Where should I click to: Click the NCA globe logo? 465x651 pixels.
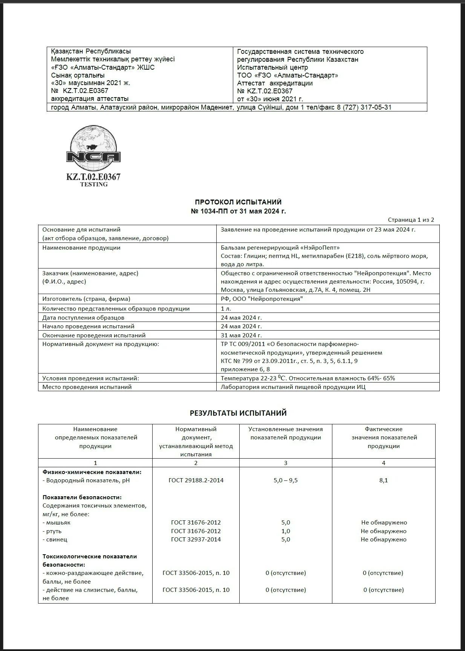pos(93,149)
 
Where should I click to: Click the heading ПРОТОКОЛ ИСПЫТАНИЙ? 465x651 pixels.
pos(238,202)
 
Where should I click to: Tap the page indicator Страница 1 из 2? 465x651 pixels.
pos(411,220)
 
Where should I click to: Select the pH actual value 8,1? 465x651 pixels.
pos(384,480)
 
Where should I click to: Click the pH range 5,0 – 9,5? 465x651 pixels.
pos(286,480)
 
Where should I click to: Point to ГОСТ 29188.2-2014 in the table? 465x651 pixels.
pos(196,480)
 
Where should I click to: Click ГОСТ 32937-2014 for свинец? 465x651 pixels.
pos(196,540)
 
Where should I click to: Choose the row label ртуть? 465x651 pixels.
pos(54,531)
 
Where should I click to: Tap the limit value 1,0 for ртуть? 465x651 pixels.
pos(286,531)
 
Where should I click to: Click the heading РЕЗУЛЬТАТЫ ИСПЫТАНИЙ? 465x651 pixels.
pos(238,413)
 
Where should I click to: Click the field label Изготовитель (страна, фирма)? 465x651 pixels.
pos(86,299)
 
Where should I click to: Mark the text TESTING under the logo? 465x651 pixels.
pos(94,184)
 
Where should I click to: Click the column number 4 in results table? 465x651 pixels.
pos(384,463)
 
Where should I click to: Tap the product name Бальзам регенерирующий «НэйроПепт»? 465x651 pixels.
pos(280,248)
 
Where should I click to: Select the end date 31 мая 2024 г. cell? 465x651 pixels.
pos(241,335)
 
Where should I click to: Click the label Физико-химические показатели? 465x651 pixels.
pos(92,472)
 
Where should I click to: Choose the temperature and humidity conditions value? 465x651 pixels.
pos(308,378)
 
